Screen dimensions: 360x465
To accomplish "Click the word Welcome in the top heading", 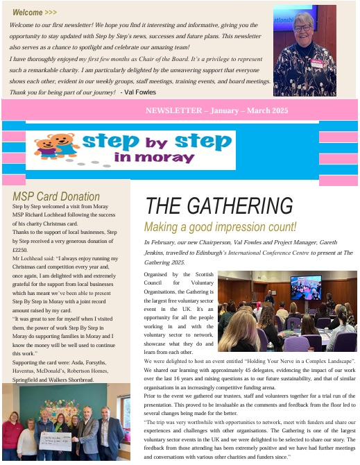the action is click(27, 12).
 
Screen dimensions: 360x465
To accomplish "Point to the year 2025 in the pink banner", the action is click(277, 110).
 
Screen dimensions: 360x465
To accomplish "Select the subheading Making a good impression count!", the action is click(220, 226).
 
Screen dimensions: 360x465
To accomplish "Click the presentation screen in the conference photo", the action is click(305, 287).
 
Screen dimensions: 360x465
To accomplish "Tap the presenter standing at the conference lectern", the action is click(270, 296).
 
